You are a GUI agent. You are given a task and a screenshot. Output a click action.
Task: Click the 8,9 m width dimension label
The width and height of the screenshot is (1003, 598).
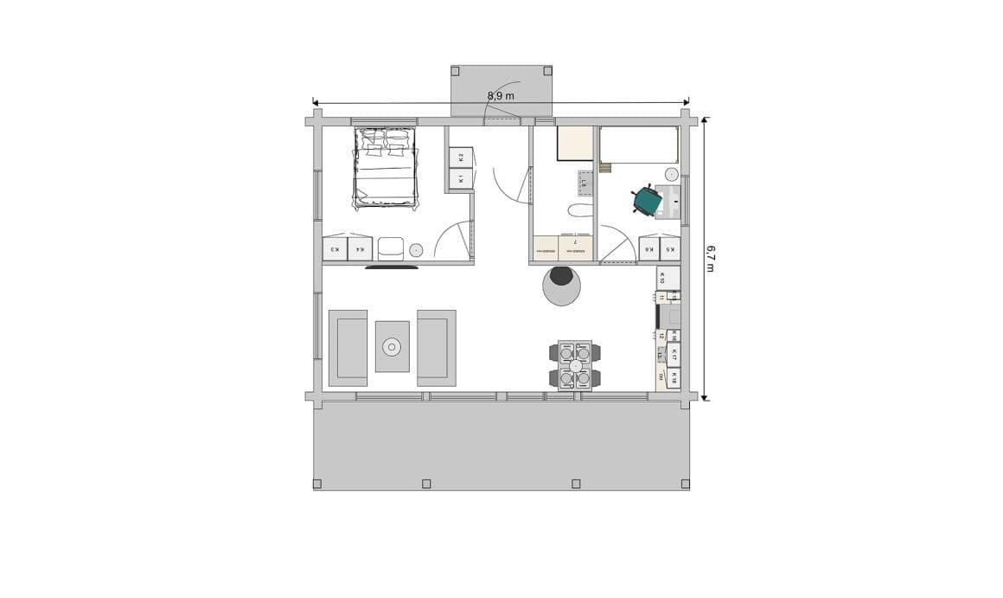[501, 96]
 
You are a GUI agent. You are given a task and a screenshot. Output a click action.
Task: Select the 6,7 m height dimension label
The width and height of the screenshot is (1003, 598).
[710, 257]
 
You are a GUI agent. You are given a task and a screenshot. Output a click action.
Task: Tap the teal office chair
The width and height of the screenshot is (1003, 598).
[646, 201]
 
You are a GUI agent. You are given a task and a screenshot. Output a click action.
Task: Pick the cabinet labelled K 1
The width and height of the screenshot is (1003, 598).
[461, 179]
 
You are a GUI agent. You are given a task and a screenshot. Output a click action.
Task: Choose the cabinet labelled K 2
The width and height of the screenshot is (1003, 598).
[461, 158]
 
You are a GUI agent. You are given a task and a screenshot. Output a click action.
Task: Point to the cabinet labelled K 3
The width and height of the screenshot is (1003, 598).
[335, 249]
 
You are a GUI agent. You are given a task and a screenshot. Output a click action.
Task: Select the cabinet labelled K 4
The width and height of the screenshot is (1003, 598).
[360, 249]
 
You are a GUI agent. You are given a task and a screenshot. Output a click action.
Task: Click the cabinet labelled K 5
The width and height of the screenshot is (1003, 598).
[670, 249]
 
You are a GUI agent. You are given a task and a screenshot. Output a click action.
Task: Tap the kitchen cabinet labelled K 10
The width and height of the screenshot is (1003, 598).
[668, 278]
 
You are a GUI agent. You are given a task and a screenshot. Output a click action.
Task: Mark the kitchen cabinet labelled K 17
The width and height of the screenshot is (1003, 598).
[673, 354]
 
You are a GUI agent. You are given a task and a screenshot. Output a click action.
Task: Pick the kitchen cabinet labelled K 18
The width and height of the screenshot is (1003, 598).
[673, 377]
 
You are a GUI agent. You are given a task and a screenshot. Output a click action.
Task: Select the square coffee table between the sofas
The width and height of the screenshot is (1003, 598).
[392, 347]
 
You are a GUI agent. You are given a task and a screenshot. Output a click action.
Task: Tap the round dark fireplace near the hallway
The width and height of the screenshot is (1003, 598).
[562, 278]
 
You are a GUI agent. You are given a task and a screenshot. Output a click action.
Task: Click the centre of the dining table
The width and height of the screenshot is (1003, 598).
[575, 366]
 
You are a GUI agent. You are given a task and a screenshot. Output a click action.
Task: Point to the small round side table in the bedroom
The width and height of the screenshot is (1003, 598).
[416, 250]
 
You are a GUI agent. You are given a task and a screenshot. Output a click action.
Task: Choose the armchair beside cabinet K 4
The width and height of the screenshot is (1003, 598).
[390, 248]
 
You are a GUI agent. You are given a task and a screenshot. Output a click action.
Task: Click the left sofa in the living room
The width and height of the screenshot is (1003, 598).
[348, 348]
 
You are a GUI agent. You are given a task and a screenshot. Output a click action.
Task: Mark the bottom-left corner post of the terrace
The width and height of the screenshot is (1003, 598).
[317, 484]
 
